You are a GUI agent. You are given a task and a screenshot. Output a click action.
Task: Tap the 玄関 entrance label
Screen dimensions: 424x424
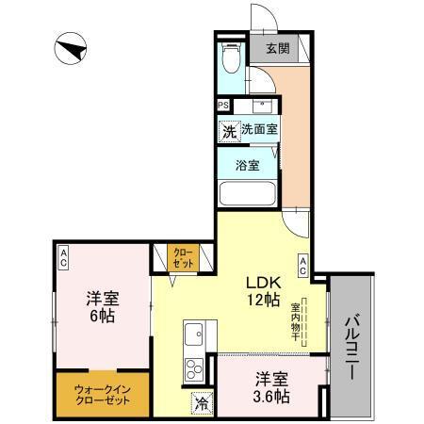click(x=277, y=49)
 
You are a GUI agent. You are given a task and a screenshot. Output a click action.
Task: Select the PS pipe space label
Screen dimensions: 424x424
click(x=224, y=105)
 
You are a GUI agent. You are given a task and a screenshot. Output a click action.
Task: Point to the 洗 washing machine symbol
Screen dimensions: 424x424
click(x=228, y=131)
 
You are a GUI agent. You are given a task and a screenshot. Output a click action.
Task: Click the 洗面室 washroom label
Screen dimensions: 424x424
click(x=259, y=129)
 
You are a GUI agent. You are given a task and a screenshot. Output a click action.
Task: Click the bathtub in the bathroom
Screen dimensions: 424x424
click(x=247, y=196)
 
